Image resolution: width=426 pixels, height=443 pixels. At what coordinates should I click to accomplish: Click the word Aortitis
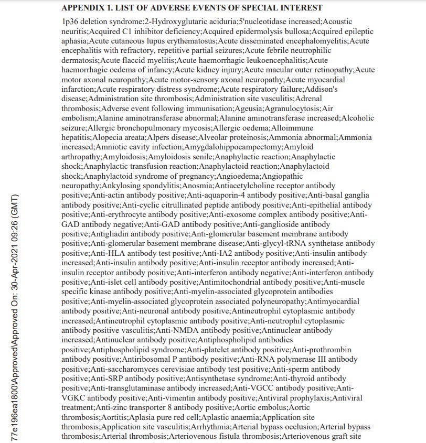pyautogui.click(x=114, y=417)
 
